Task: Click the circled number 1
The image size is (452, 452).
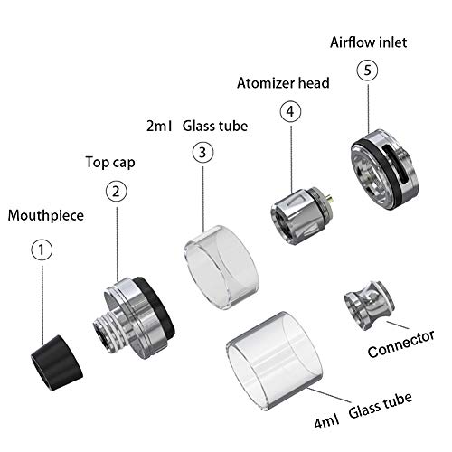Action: [42, 250]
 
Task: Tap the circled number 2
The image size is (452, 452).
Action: [117, 191]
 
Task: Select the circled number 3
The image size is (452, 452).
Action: [202, 152]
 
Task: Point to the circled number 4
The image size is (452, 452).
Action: [290, 111]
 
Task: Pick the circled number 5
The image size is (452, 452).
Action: [367, 71]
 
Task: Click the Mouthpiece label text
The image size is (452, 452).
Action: [46, 216]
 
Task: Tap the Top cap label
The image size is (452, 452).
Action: [110, 163]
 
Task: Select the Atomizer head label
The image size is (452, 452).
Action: [283, 83]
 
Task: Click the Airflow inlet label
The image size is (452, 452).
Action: [368, 42]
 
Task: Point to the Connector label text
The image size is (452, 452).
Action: [401, 344]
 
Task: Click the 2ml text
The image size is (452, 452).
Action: [159, 126]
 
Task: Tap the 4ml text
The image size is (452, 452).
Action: [326, 420]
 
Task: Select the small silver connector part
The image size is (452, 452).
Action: [370, 306]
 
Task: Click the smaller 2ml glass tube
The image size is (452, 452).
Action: [221, 268]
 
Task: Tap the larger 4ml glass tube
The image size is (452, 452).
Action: [274, 361]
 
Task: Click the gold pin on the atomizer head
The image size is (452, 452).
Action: [332, 199]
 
